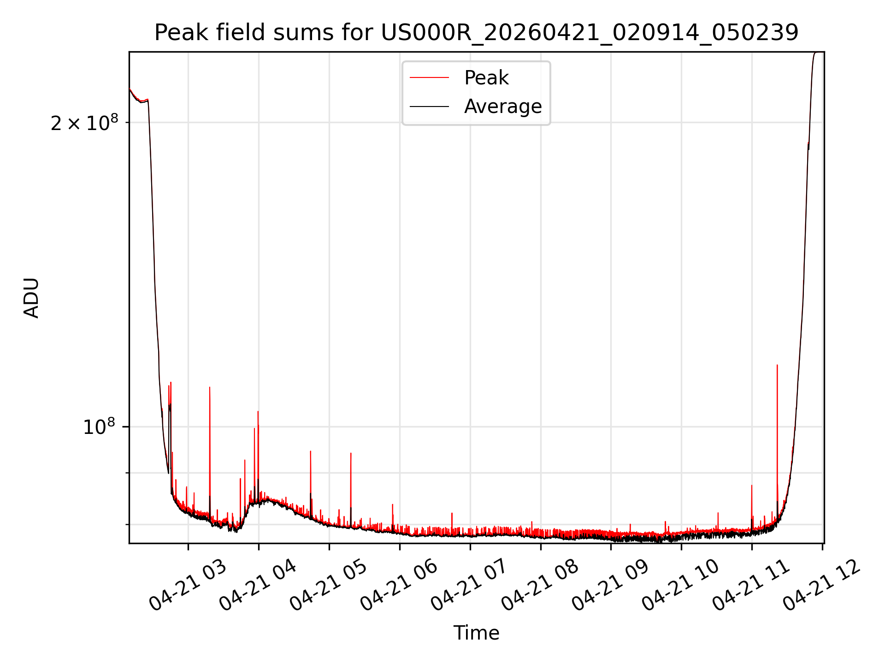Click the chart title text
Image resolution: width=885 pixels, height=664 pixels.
tap(476, 33)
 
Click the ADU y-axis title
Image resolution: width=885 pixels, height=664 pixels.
tap(31, 298)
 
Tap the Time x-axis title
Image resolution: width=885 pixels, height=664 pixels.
tap(476, 633)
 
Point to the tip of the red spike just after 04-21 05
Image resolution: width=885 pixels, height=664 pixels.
tap(351, 453)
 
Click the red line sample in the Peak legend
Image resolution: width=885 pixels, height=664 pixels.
tap(429, 78)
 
